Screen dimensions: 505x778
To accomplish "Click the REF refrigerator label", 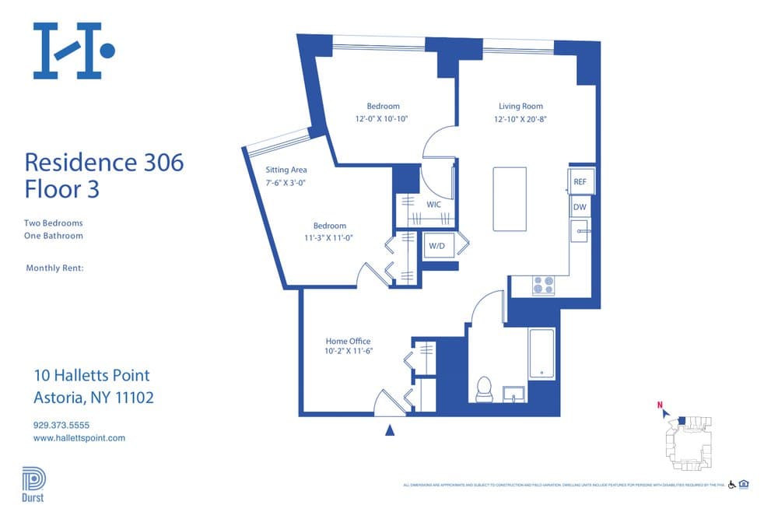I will point(580,181).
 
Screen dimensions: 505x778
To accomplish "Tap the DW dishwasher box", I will point(580,207).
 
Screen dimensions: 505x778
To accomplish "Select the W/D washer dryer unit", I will point(436,247).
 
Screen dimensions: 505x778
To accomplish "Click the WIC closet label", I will point(434,205).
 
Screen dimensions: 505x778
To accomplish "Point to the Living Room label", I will point(520,106).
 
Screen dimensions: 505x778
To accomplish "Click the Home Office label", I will point(348,341).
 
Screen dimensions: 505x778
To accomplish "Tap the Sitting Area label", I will point(286,170).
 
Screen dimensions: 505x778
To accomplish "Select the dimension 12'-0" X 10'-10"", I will point(382,119).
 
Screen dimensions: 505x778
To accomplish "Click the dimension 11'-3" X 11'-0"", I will point(328,238).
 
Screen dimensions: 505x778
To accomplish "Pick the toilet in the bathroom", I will point(484,388).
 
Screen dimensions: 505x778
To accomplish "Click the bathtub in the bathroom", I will point(541,354).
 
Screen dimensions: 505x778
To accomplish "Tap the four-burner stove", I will point(543,286).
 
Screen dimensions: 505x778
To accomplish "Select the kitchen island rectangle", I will point(510,198).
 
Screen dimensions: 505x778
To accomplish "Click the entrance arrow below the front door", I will point(391,429).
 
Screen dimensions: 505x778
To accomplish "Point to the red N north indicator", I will point(660,405).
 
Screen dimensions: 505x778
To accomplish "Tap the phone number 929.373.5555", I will point(61,425).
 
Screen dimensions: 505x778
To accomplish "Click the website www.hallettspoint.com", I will point(79,438).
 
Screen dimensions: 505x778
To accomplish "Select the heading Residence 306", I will point(104,163).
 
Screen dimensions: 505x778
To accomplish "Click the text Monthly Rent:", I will point(54,268).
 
